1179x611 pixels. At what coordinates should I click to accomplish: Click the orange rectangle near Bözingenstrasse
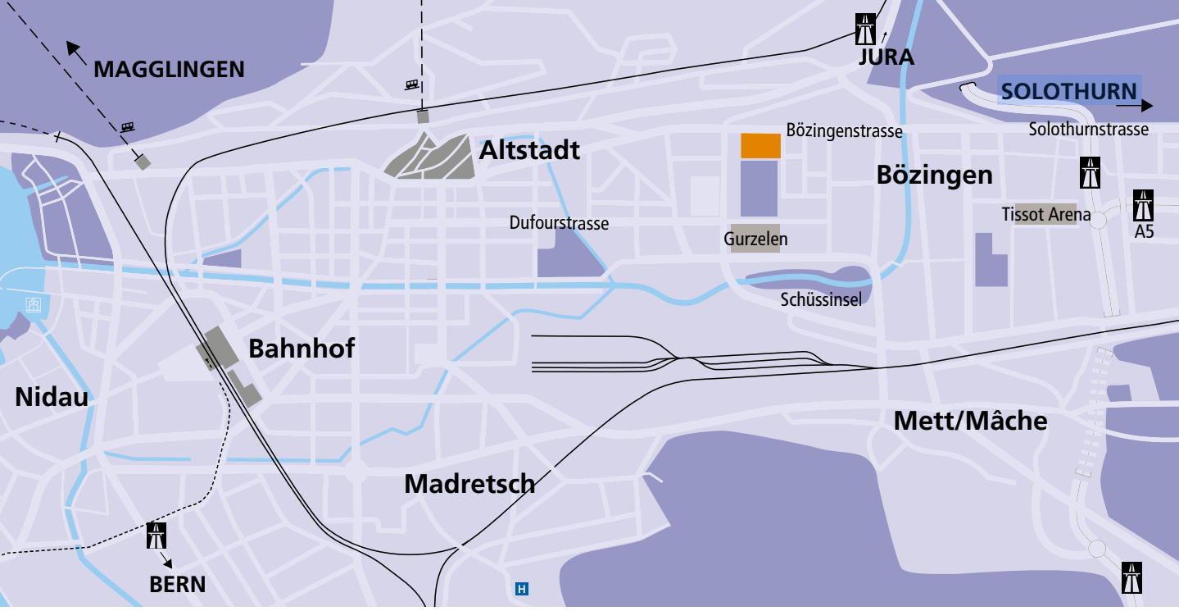[760, 145]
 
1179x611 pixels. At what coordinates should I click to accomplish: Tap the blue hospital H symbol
[521, 588]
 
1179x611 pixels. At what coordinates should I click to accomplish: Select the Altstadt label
[529, 150]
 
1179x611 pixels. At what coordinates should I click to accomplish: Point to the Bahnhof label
[302, 349]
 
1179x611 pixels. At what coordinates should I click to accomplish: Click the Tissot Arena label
[1045, 215]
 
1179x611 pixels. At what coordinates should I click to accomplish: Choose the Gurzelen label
[755, 239]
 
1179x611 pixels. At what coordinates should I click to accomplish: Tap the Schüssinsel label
[821, 300]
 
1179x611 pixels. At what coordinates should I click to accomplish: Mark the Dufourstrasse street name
[559, 223]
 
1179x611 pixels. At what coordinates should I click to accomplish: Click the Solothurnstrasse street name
[1088, 130]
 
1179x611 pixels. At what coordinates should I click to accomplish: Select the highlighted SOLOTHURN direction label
[1068, 91]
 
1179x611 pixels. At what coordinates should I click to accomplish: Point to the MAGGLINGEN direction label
[169, 70]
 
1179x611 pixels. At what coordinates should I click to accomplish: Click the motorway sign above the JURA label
[864, 29]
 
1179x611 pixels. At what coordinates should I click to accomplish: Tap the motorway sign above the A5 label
[1144, 204]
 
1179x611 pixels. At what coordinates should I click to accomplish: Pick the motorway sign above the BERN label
[156, 536]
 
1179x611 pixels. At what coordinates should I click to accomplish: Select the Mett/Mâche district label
[970, 421]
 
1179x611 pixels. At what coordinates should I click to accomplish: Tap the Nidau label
[51, 397]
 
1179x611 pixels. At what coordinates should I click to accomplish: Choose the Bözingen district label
[934, 175]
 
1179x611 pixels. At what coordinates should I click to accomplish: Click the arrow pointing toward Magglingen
[76, 52]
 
